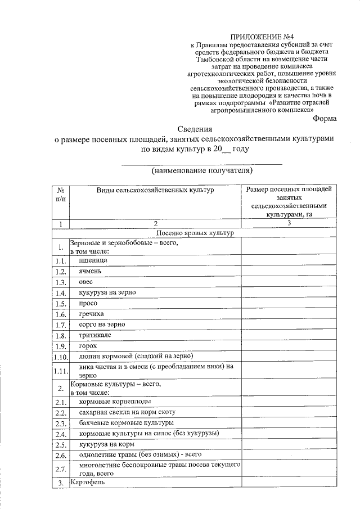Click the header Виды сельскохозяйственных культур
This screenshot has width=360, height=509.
coord(155,191)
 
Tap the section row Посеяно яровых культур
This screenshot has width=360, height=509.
coord(195,233)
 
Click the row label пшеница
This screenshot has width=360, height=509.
coord(91,260)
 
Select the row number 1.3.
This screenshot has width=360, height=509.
coord(61,282)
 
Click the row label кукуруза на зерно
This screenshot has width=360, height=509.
coord(107,292)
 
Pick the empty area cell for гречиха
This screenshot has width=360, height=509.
coord(289,314)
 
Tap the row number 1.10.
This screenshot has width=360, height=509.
coord(60,357)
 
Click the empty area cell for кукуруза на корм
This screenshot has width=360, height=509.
coord(289,444)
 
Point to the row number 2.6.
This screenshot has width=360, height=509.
coord(61,455)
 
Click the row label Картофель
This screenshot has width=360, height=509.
coord(88,483)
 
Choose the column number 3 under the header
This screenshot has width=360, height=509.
coord(289,223)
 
